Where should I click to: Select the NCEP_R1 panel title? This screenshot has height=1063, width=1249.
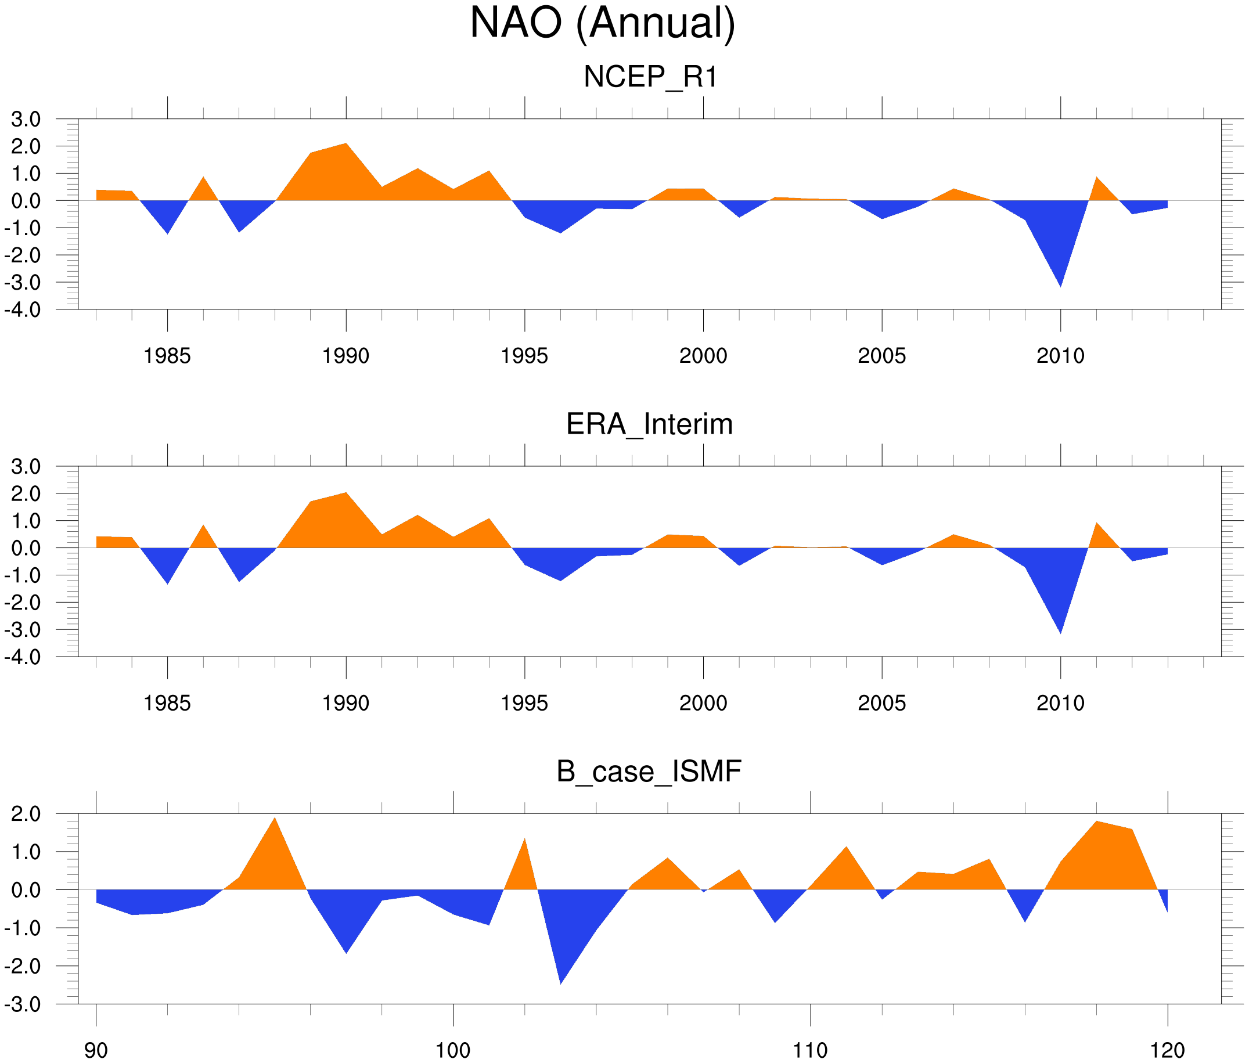coord(650,77)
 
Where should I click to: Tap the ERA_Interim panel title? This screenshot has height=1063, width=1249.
coord(649,424)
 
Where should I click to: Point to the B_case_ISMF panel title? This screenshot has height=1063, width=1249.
coord(649,772)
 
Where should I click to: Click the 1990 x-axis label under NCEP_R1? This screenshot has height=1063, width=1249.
coord(345,356)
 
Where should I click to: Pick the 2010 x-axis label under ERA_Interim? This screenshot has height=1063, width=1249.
coord(1060,703)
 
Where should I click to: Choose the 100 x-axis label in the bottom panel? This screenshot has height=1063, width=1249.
coord(453,1050)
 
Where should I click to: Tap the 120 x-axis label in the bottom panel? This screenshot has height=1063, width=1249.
coord(1167,1050)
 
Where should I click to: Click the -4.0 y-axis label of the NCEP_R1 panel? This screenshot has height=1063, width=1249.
coord(23,311)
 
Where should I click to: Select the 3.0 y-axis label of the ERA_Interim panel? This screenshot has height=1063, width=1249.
coord(26,466)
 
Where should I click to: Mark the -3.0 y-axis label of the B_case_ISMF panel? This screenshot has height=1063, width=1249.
coord(23,1004)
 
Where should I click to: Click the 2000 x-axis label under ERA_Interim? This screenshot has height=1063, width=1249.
coord(703,703)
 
